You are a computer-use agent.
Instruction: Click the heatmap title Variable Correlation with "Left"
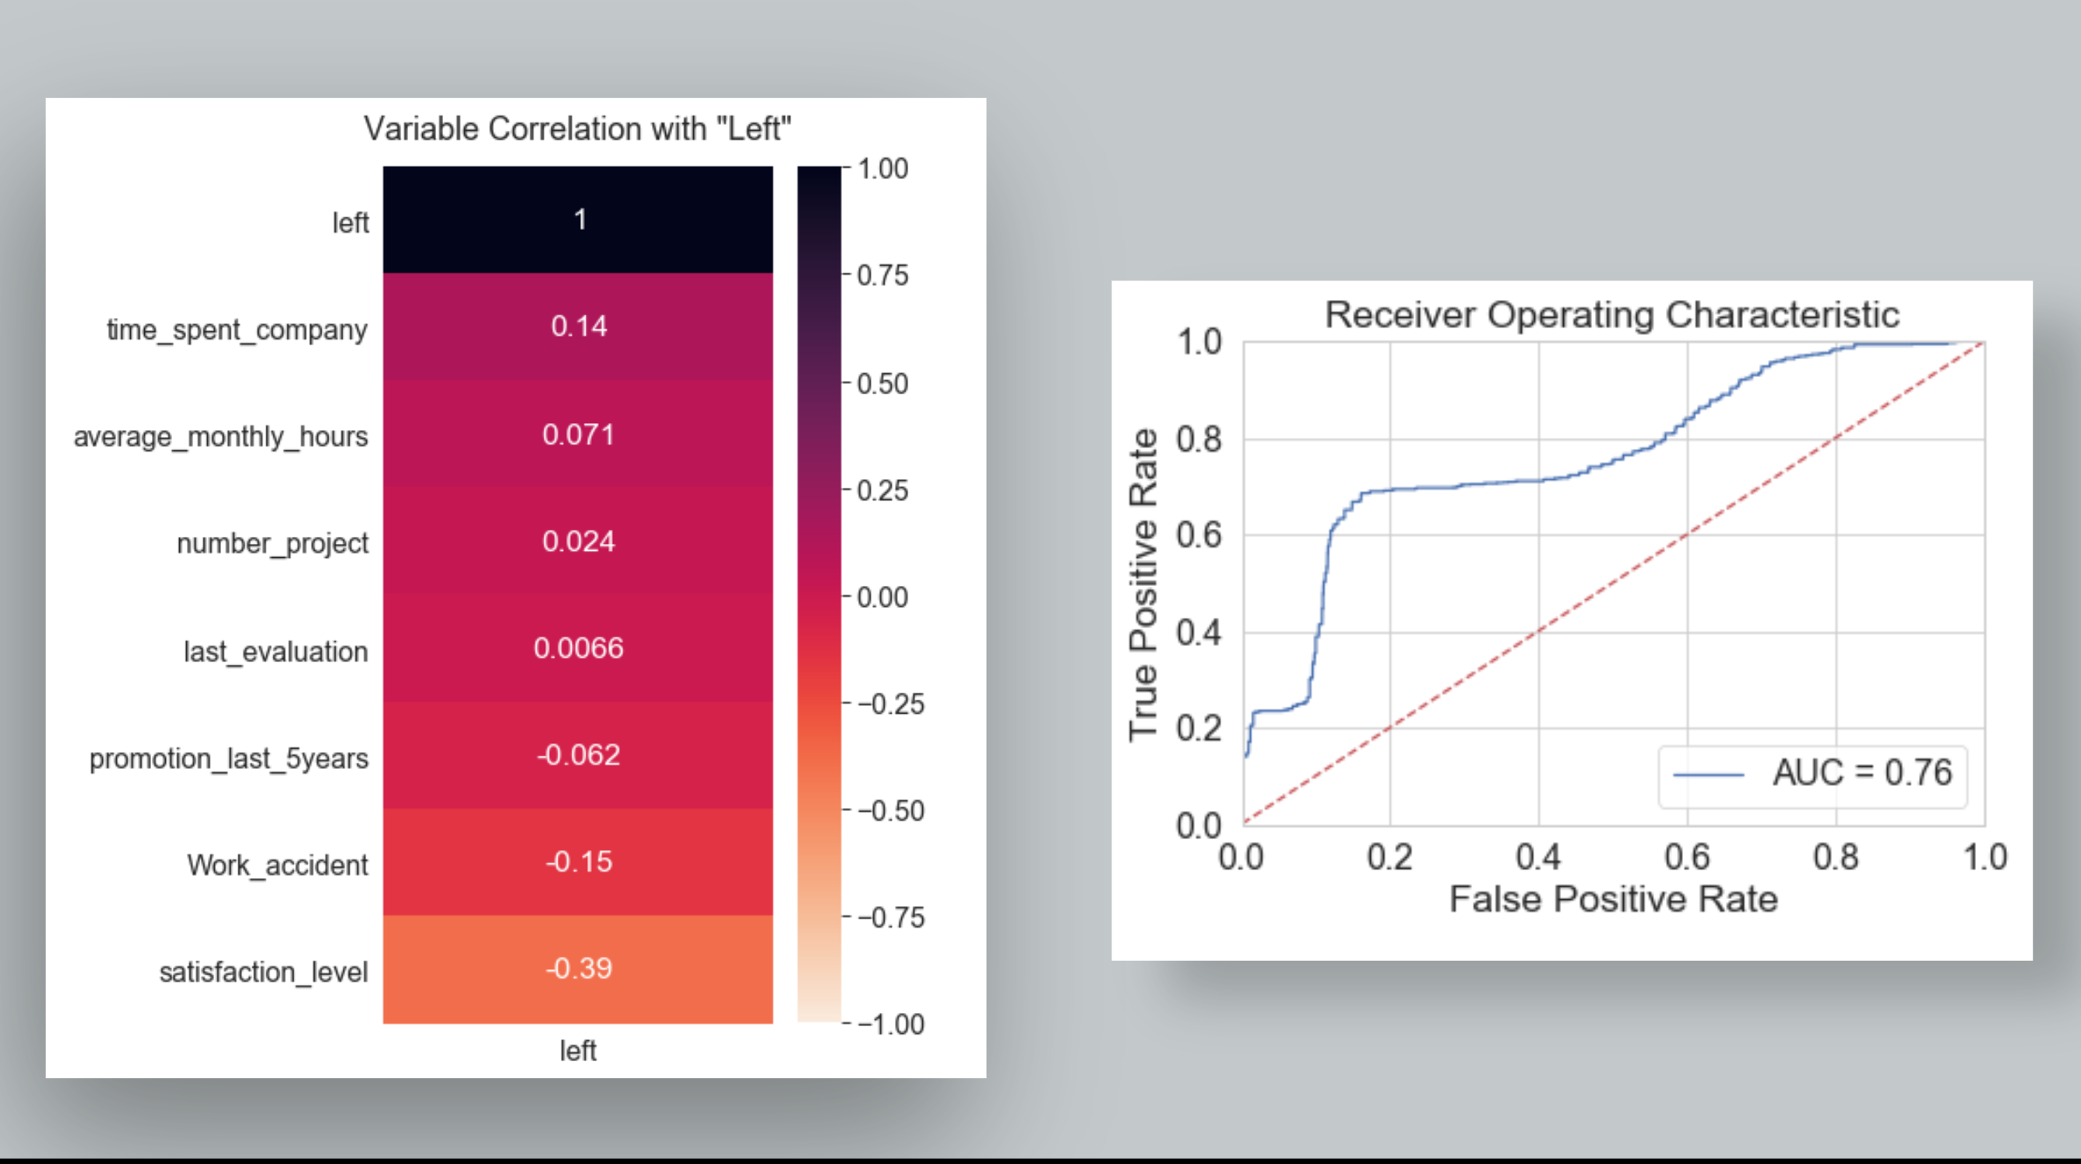point(577,129)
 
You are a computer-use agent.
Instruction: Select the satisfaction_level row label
point(263,972)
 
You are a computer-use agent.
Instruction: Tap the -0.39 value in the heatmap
point(579,968)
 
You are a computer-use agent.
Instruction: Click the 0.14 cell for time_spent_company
point(579,326)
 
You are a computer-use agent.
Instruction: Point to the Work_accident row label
point(277,865)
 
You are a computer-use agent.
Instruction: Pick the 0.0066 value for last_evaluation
point(579,647)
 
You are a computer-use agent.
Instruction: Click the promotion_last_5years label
point(229,758)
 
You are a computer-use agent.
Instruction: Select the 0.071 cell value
point(579,434)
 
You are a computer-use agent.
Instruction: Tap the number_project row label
point(273,543)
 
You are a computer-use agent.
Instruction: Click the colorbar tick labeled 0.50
point(882,383)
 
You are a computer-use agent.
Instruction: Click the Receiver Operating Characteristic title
point(1611,315)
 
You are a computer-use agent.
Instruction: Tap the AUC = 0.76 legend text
point(1862,772)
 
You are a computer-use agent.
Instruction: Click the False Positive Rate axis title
point(1613,899)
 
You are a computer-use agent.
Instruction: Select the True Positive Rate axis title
point(1143,584)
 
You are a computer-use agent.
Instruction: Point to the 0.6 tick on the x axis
point(1687,857)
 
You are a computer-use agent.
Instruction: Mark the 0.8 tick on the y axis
point(1199,439)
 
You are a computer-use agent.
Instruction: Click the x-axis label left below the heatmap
point(578,1050)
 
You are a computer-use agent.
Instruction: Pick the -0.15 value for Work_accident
point(579,861)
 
